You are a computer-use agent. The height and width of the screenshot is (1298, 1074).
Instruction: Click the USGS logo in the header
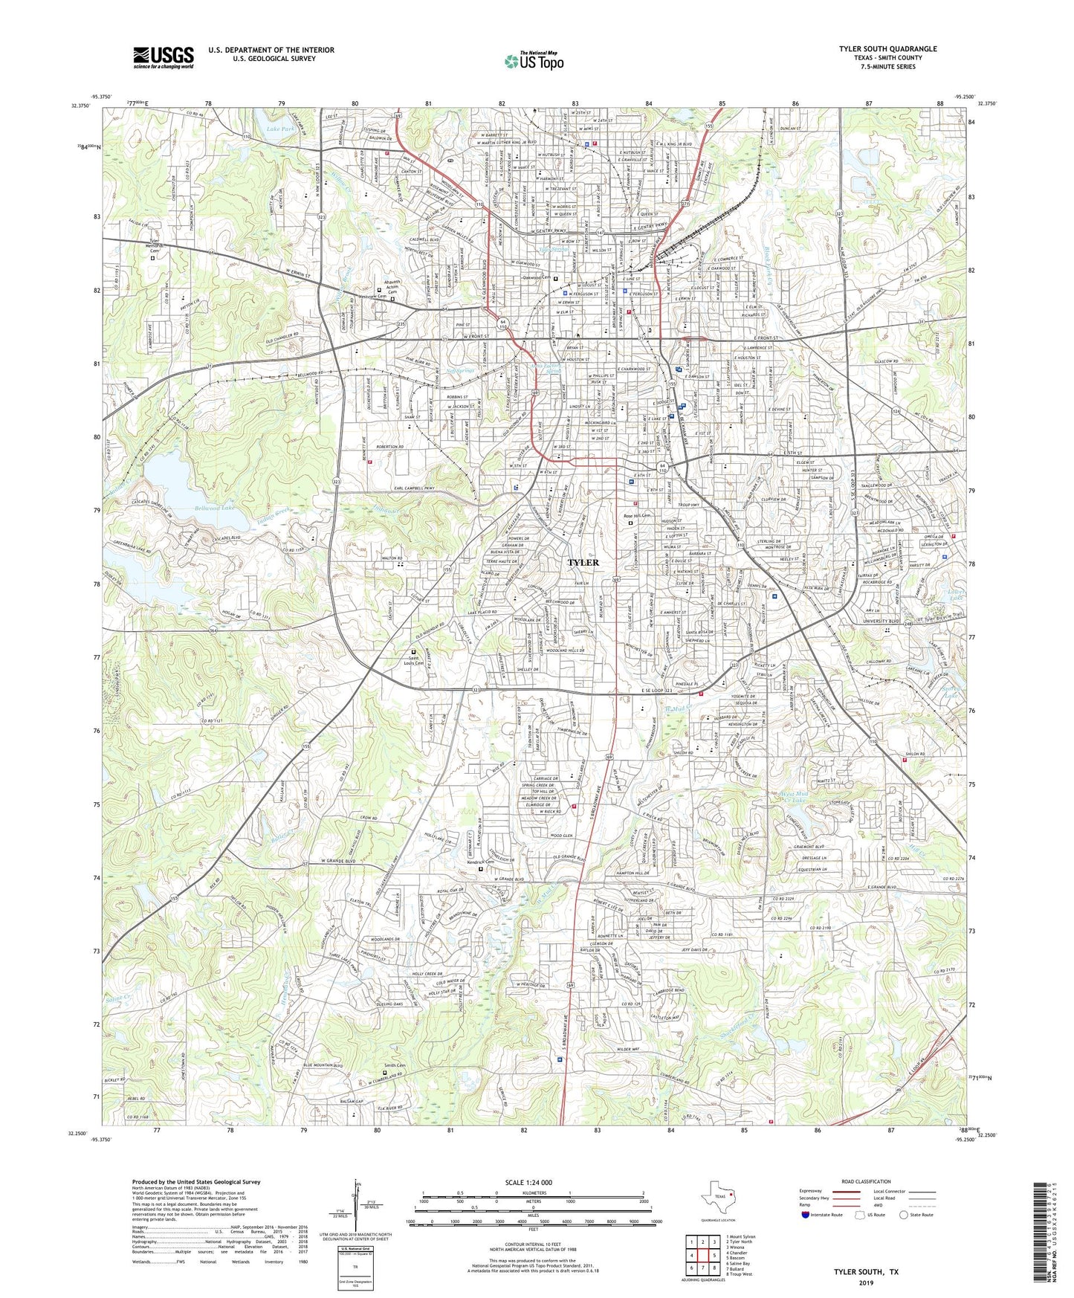tap(164, 57)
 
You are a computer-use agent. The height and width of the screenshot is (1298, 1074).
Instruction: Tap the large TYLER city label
tap(583, 563)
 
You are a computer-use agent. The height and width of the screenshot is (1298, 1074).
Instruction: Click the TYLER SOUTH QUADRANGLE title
tap(887, 49)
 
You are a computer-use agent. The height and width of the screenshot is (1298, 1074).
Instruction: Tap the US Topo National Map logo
tap(534, 62)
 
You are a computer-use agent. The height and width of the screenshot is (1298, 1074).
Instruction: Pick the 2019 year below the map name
tap(867, 1282)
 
